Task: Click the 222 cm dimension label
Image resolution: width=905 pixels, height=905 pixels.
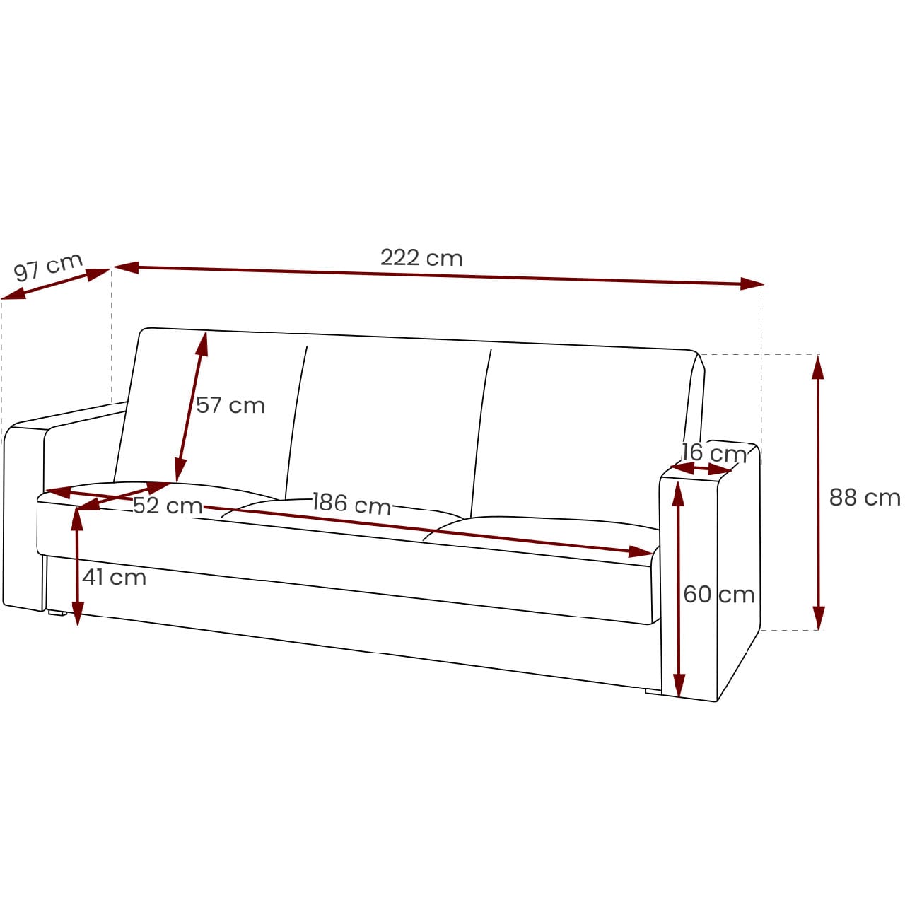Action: (x=421, y=257)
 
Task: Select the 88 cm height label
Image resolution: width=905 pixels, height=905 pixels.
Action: (x=864, y=497)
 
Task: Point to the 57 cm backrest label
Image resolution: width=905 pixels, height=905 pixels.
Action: (x=230, y=405)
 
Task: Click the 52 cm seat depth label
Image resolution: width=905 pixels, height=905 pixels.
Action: (x=168, y=506)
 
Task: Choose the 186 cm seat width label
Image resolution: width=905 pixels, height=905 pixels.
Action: (x=352, y=503)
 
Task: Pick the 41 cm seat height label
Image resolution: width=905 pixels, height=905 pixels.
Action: (x=114, y=577)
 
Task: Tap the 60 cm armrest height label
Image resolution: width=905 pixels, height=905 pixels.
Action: (x=718, y=595)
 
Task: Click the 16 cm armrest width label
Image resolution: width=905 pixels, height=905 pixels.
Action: (x=713, y=453)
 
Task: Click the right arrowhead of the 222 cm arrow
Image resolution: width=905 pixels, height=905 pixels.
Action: (x=752, y=284)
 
